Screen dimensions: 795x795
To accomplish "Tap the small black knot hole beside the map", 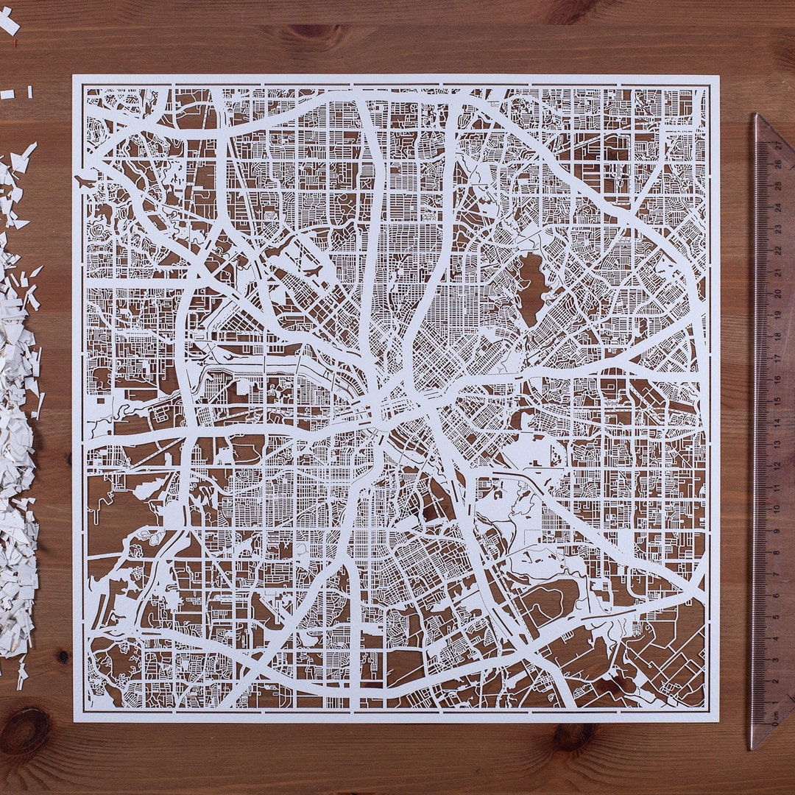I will (x=63, y=654).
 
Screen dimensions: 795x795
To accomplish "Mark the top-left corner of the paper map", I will (x=74, y=75).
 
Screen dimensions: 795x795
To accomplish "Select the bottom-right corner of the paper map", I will (x=718, y=721).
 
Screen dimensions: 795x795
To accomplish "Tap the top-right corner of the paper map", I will (x=718, y=76).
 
